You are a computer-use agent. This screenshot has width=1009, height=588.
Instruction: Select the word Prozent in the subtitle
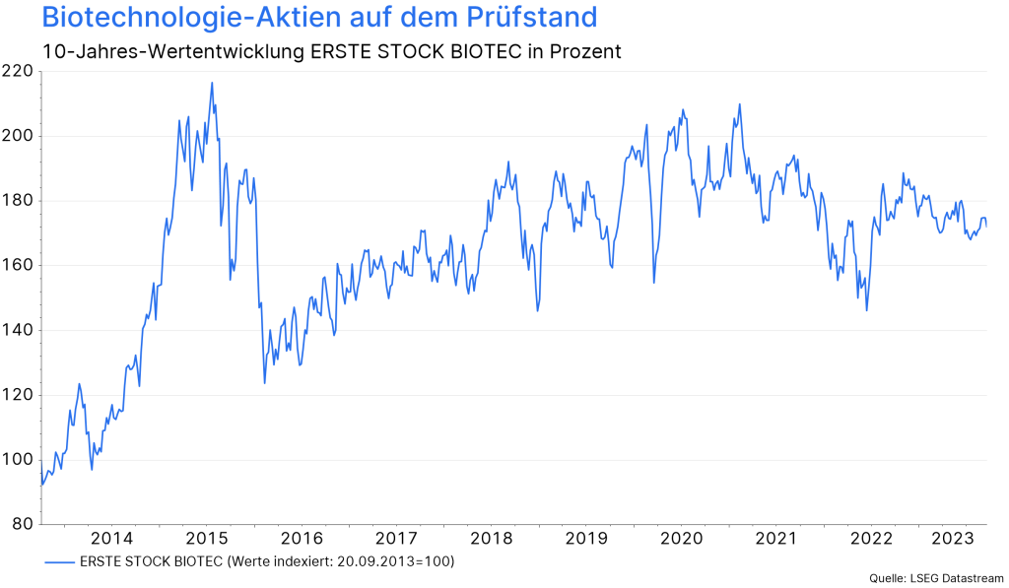(585, 51)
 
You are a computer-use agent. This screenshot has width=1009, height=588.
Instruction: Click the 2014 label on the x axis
(111, 539)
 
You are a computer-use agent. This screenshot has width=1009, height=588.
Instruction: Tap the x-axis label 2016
(302, 539)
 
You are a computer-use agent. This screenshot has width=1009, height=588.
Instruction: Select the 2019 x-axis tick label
(586, 539)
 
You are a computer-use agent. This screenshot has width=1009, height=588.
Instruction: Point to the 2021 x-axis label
(775, 539)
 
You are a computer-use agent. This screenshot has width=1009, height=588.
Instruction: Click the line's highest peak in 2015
(212, 83)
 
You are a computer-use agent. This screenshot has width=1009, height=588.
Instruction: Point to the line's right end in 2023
(986, 226)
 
